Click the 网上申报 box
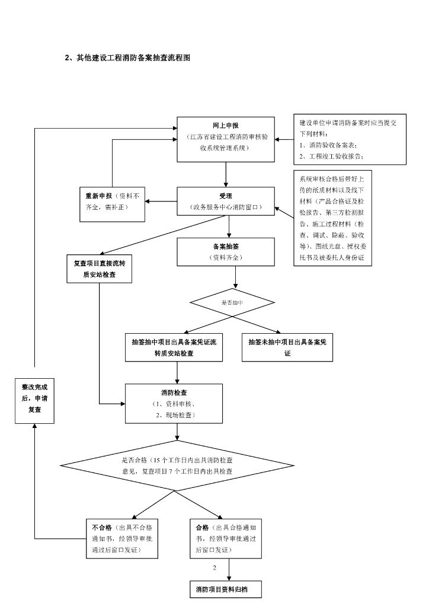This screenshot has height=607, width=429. coord(226,139)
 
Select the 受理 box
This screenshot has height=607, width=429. coord(226,202)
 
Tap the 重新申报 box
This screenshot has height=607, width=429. coord(112,202)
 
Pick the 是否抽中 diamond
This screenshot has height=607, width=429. coord(232,302)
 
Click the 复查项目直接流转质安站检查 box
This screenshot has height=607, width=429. coord(99,269)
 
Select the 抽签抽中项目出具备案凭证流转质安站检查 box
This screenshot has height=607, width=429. coord(174,347)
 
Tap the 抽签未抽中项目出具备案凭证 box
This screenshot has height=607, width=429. coord(287,347)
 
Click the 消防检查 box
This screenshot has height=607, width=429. coord(174,403)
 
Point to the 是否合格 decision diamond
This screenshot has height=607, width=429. coord(177,465)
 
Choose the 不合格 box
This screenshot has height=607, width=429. coord(122,539)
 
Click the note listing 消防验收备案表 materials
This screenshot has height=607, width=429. coord(350,140)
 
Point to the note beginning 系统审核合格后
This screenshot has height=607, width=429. coord(332,219)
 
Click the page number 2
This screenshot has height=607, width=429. coord(214,567)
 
